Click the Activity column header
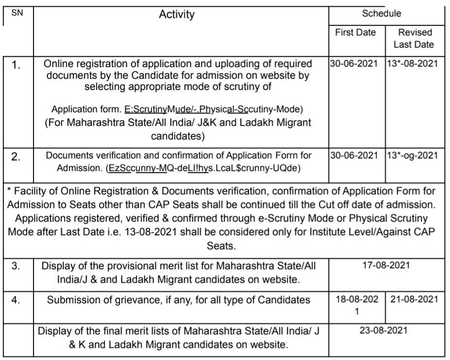click(177, 15)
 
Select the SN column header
click(17, 13)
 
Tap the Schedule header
click(382, 14)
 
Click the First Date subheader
click(355, 33)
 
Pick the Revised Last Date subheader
click(415, 38)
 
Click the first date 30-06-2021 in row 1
click(354, 64)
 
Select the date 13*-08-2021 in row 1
click(412, 64)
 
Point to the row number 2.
click(16, 156)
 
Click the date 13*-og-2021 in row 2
click(412, 155)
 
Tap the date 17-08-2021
click(386, 265)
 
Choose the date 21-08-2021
click(414, 299)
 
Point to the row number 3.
click(16, 266)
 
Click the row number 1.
click(16, 65)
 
